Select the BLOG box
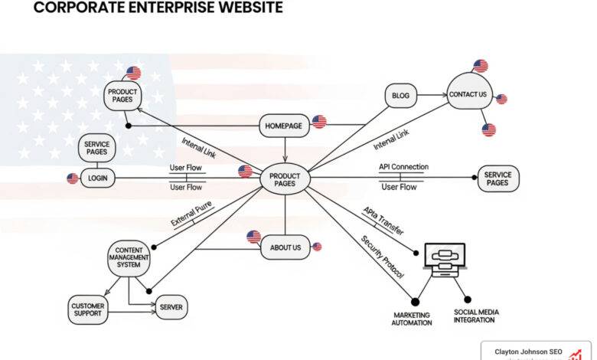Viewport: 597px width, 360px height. (x=400, y=97)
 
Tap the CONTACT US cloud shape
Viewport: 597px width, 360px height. (x=468, y=94)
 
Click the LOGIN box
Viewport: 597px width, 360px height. (x=97, y=178)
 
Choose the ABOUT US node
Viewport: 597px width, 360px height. (x=285, y=247)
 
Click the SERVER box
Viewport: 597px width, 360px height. (x=171, y=308)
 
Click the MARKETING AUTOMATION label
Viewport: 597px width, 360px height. (x=413, y=319)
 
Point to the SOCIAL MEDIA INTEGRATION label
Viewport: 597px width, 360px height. (x=477, y=316)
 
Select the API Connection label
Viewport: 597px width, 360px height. (x=403, y=167)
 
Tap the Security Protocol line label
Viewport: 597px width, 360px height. (x=382, y=257)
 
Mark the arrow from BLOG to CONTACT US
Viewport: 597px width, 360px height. (x=432, y=96)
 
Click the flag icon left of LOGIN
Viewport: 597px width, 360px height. (x=73, y=178)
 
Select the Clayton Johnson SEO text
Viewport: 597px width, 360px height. (x=528, y=352)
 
